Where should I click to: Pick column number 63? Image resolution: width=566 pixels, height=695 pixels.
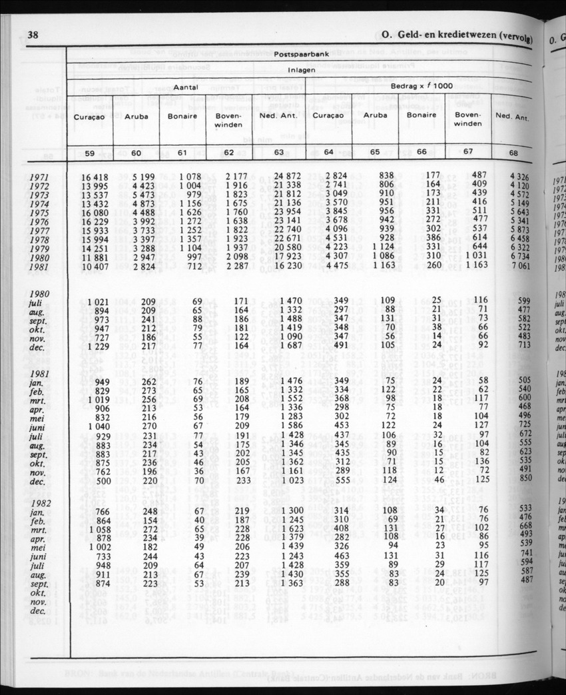coord(278,153)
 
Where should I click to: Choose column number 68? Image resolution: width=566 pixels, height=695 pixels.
coord(512,154)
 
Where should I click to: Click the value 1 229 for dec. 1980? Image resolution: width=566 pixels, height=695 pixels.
coord(97,345)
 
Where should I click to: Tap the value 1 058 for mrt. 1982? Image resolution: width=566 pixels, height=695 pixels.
coord(97,529)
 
